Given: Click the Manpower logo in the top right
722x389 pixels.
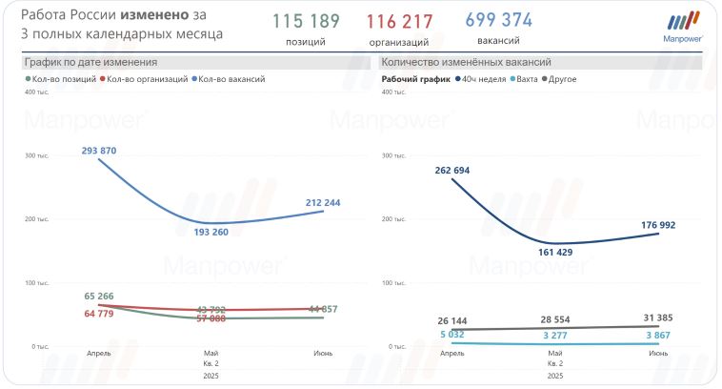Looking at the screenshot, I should pyautogui.click(x=682, y=27).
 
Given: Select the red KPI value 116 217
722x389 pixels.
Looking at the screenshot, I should pyautogui.click(x=399, y=22).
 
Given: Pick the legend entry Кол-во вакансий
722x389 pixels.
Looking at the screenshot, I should pyautogui.click(x=231, y=79).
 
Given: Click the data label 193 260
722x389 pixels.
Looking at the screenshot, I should pyautogui.click(x=211, y=233).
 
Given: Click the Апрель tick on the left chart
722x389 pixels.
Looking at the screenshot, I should pyautogui.click(x=99, y=354).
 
